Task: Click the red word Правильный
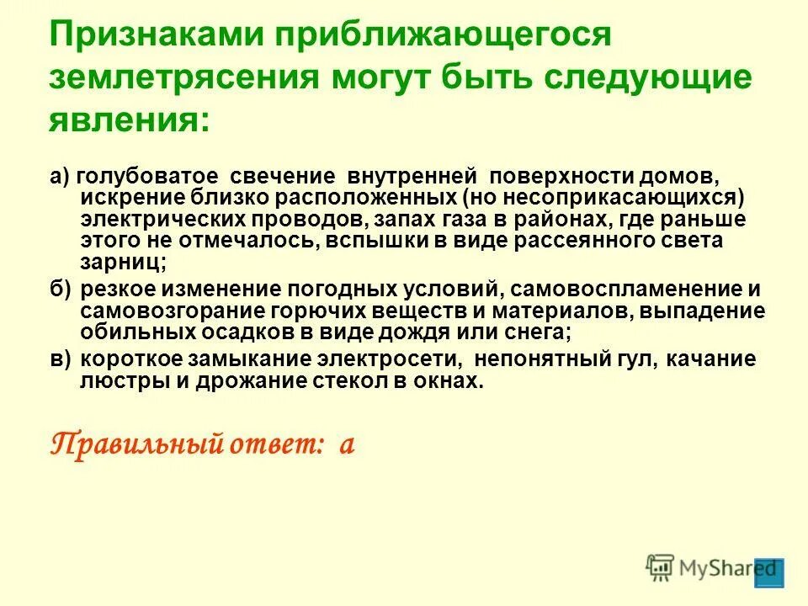(135, 444)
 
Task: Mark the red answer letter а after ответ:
(346, 444)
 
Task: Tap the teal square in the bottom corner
(769, 572)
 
